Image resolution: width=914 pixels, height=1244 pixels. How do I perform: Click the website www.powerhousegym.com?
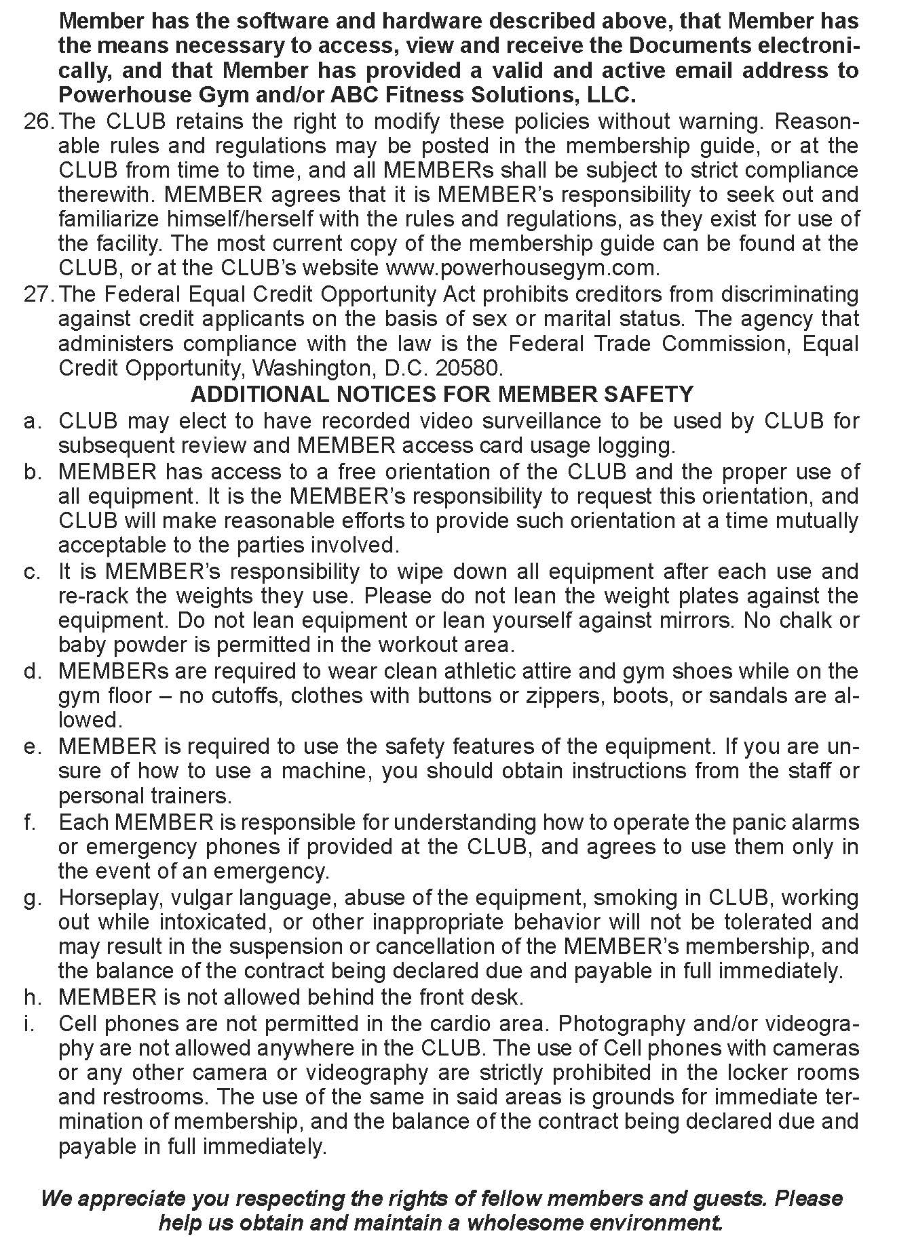pyautogui.click(x=522, y=268)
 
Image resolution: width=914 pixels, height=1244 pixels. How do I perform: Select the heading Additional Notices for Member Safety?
pyautogui.click(x=442, y=394)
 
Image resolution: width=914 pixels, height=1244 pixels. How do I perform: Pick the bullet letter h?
pyautogui.click(x=32, y=997)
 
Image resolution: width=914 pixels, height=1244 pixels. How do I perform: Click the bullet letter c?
pyautogui.click(x=32, y=571)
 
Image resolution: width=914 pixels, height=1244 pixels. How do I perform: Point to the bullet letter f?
pyautogui.click(x=29, y=822)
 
